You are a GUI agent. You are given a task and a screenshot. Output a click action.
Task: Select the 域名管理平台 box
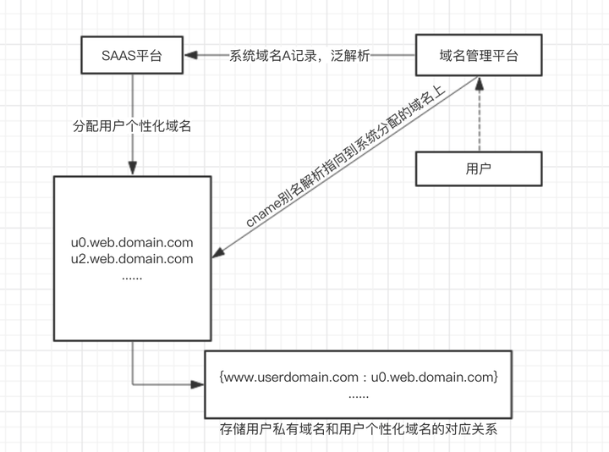(478, 55)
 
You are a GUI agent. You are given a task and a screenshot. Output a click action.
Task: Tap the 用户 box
(478, 168)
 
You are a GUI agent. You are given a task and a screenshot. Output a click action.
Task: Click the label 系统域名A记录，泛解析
(299, 56)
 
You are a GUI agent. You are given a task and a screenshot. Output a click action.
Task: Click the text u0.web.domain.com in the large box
(133, 243)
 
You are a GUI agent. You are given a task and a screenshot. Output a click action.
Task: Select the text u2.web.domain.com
(133, 259)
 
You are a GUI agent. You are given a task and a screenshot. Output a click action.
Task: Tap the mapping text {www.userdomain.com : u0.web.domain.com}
(358, 375)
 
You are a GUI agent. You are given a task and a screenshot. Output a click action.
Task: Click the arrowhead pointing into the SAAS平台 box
(192, 56)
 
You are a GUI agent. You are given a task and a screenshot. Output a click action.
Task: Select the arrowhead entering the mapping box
(199, 383)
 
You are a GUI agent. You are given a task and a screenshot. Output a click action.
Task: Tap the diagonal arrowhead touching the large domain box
(217, 251)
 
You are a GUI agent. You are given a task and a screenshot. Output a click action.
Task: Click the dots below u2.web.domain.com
(131, 276)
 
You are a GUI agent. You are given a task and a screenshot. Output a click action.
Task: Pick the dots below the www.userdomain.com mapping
(358, 394)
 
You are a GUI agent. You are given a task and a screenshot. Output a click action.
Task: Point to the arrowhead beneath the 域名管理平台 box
(479, 81)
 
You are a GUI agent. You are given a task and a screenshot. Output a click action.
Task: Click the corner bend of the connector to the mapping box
(133, 383)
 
